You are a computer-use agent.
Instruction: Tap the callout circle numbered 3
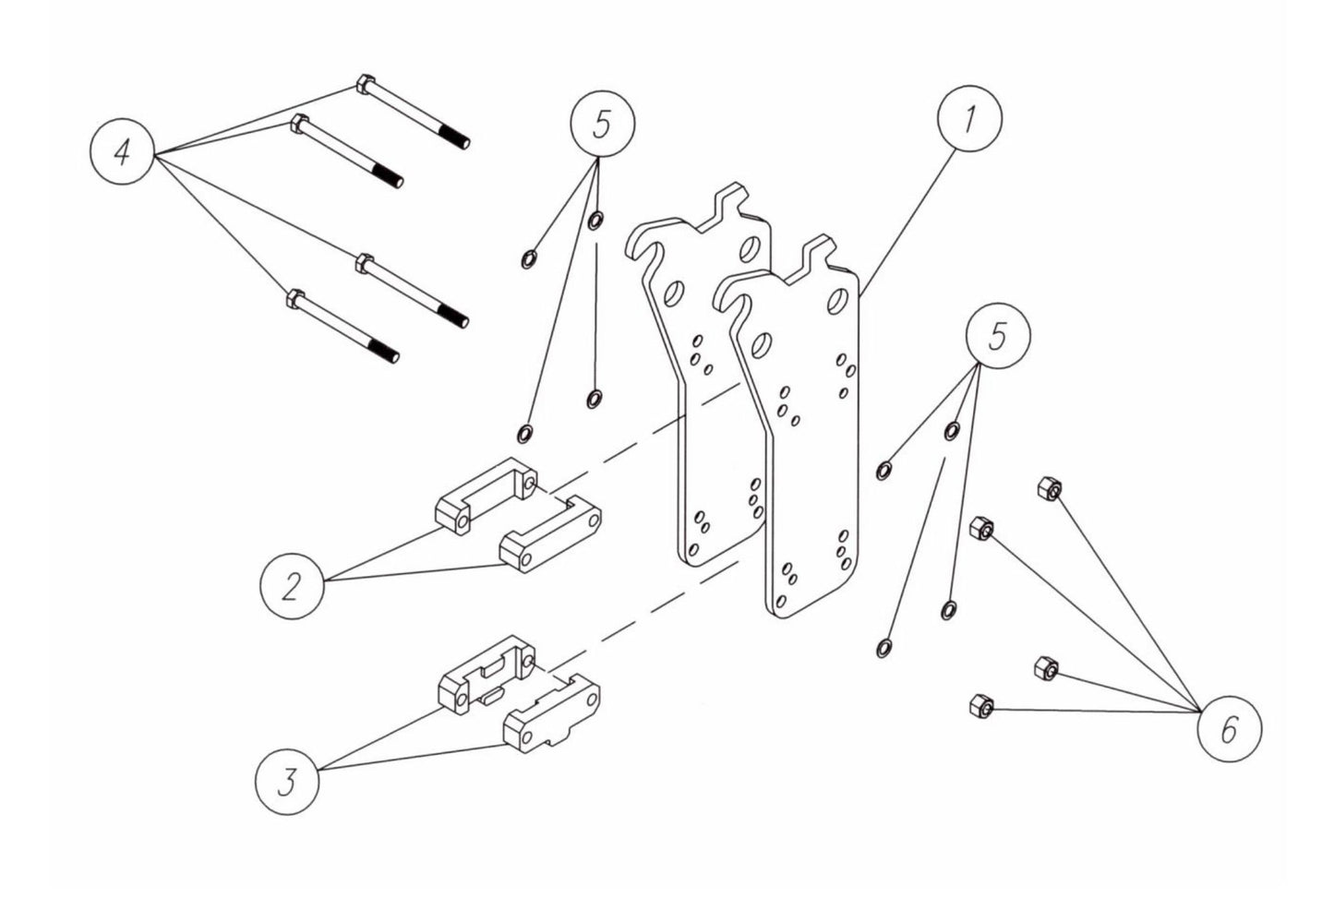[x=288, y=783]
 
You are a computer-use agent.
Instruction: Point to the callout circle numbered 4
[x=122, y=153]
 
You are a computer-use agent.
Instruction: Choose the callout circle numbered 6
[x=1229, y=731]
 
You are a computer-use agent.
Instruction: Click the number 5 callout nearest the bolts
[x=603, y=126]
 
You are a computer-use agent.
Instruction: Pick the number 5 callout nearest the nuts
[x=997, y=337]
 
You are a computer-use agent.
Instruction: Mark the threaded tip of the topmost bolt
[x=462, y=140]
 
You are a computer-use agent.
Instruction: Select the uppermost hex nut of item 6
[x=1048, y=489]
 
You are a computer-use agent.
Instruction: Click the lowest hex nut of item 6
[x=979, y=707]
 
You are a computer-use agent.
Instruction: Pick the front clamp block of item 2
[x=548, y=535]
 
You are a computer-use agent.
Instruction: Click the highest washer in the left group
[x=595, y=220]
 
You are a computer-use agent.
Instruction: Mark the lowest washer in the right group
[x=883, y=648]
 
